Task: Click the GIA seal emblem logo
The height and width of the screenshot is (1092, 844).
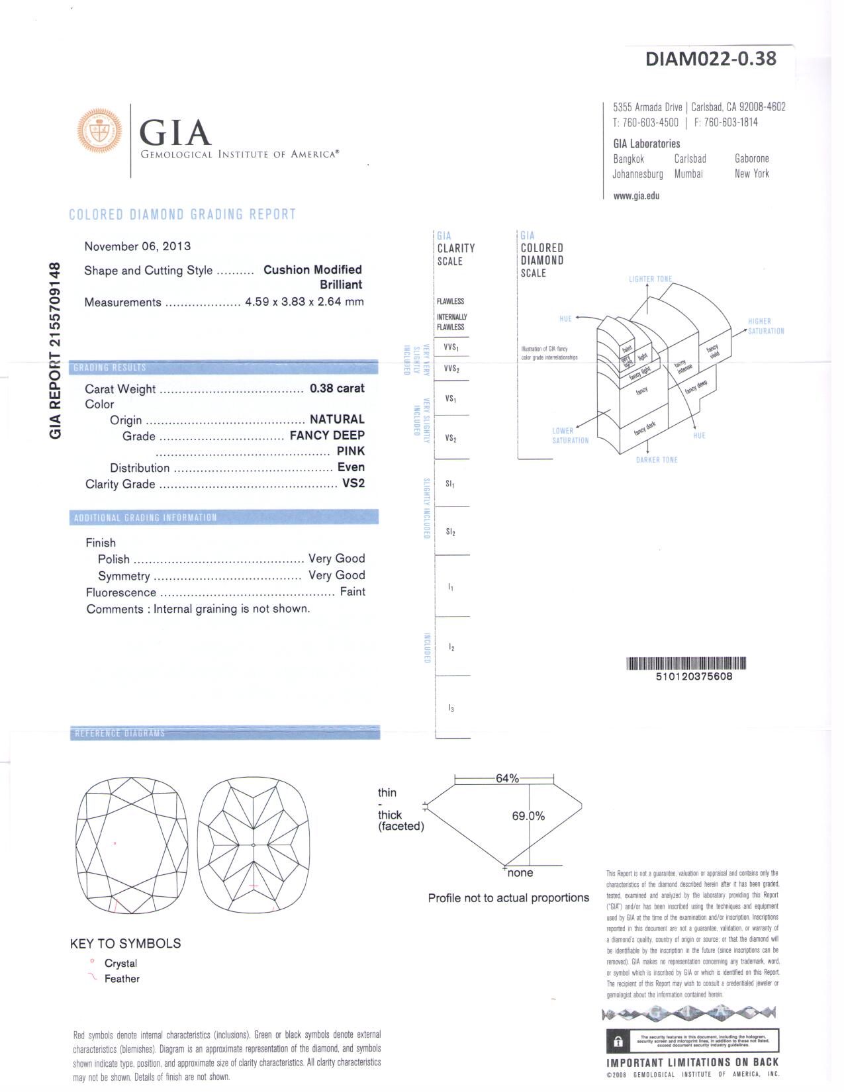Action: click(x=101, y=133)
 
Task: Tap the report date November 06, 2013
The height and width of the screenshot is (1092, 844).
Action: click(x=137, y=246)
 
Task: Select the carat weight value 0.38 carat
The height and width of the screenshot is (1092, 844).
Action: click(x=337, y=388)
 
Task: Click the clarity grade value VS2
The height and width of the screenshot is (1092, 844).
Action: click(x=353, y=483)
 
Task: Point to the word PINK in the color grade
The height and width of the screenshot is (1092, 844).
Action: click(x=350, y=451)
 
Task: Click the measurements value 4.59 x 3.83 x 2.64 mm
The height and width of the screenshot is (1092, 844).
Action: click(x=304, y=302)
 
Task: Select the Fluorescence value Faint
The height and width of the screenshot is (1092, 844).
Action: click(x=352, y=592)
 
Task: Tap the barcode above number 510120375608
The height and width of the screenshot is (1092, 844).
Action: click(x=686, y=663)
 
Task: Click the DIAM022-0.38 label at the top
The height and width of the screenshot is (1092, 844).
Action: click(x=710, y=59)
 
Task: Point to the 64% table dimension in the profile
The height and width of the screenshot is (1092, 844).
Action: click(x=507, y=778)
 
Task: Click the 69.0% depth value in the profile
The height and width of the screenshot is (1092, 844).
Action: click(x=528, y=816)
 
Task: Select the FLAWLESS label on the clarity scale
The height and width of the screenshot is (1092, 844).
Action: click(x=450, y=302)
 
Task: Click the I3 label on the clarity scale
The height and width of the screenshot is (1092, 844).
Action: click(x=451, y=709)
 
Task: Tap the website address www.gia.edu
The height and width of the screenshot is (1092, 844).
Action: click(x=636, y=196)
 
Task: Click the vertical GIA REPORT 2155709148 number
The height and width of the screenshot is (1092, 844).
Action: click(x=56, y=350)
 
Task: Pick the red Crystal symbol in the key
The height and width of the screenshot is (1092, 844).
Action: click(x=92, y=962)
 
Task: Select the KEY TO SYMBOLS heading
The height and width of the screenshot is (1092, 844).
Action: click(x=125, y=944)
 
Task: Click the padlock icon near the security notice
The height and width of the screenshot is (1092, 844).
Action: click(x=618, y=1041)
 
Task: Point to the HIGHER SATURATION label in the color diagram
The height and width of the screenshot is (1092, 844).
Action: click(x=765, y=326)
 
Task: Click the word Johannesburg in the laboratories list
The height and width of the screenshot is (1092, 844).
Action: click(x=637, y=174)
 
